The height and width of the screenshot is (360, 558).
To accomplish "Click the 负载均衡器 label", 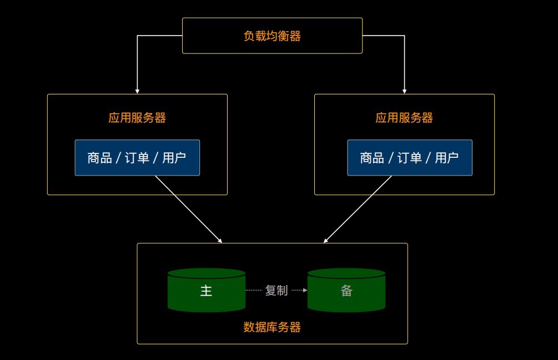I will pyautogui.click(x=272, y=36).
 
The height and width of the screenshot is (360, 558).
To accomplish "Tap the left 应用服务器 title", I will pyautogui.click(x=137, y=118).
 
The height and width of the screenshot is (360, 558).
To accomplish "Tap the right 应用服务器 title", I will pyautogui.click(x=404, y=118).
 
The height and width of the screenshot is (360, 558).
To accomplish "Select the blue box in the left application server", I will pyautogui.click(x=137, y=158).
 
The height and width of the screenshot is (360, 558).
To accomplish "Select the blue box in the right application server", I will pyautogui.click(x=410, y=158).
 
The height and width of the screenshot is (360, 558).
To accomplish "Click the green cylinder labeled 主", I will pyautogui.click(x=207, y=291).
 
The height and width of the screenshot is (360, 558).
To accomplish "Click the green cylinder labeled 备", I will pyautogui.click(x=346, y=291).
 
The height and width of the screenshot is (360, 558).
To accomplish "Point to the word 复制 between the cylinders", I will pyautogui.click(x=277, y=290).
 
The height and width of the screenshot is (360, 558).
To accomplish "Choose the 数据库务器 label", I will pyautogui.click(x=272, y=327).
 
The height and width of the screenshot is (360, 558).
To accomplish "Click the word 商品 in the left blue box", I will pyautogui.click(x=99, y=158).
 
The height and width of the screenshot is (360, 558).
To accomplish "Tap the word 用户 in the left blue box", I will pyautogui.click(x=174, y=158).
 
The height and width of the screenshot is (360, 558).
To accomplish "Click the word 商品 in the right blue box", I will pyautogui.click(x=372, y=158).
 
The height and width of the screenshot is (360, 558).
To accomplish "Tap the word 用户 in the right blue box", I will pyautogui.click(x=446, y=158).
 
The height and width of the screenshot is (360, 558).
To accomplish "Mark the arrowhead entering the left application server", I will pyautogui.click(x=137, y=91).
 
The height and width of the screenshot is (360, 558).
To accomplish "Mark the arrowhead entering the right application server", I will pyautogui.click(x=404, y=91).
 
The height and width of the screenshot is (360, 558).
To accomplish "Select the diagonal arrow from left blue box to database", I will pyautogui.click(x=189, y=209).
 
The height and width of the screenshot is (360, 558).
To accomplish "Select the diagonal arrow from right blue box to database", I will pyautogui.click(x=358, y=209).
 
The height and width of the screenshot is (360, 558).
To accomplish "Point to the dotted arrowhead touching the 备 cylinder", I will pyautogui.click(x=305, y=290).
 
